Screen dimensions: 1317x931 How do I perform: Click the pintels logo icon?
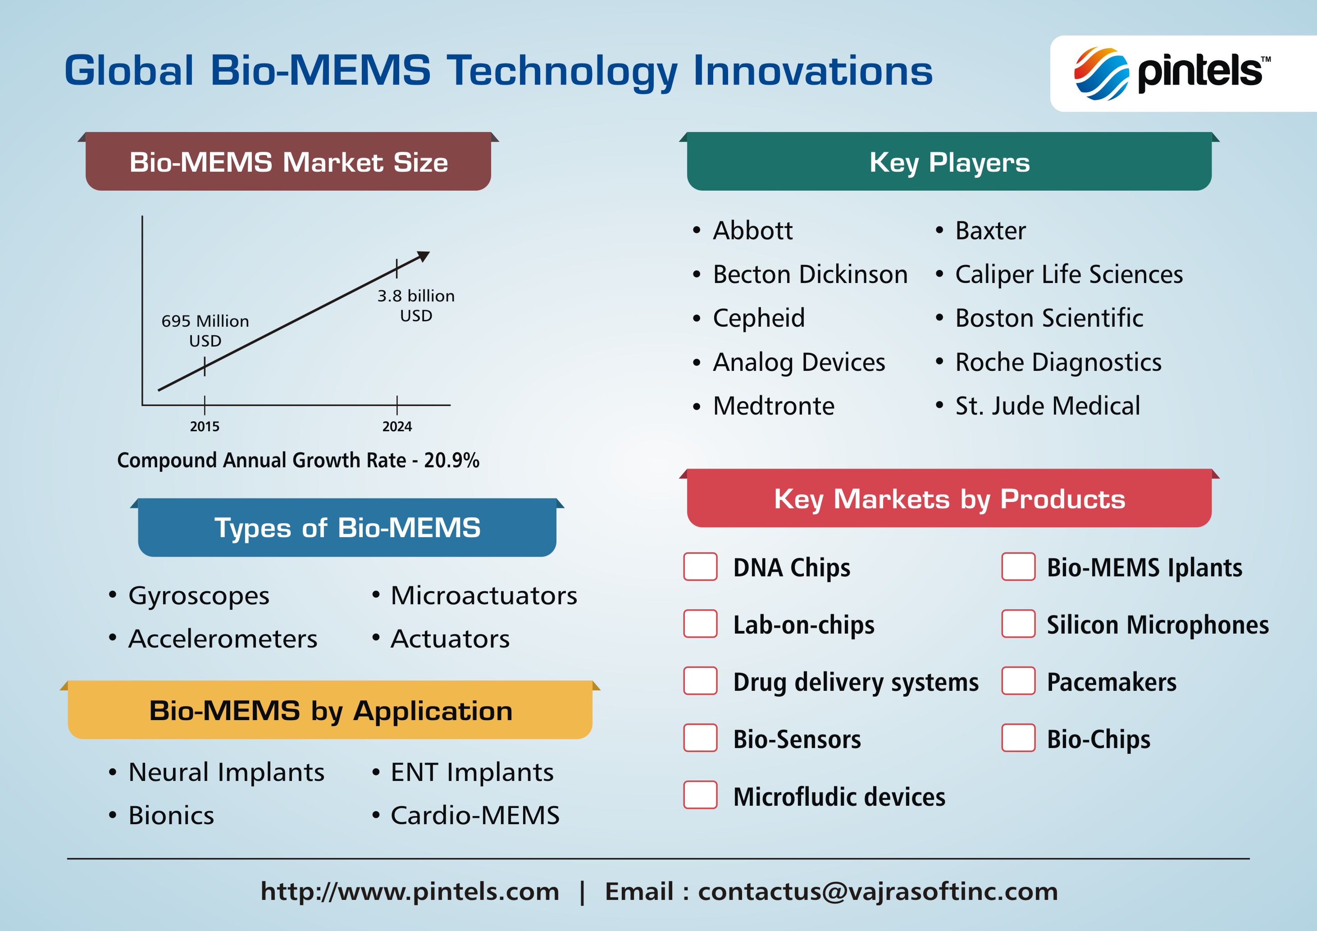click(1101, 73)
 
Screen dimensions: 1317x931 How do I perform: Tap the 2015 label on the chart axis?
click(205, 426)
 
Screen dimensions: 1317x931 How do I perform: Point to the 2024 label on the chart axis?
click(397, 426)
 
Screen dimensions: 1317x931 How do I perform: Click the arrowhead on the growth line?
click(424, 256)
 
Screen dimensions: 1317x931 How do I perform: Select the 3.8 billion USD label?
click(416, 306)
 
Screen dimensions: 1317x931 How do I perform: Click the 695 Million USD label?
click(205, 330)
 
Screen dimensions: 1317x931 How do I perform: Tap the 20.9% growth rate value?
click(451, 460)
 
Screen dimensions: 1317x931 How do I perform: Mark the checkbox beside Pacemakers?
click(1018, 680)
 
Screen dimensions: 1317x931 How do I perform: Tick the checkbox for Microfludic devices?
click(700, 794)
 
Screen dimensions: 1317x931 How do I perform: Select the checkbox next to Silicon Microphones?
click(1018, 624)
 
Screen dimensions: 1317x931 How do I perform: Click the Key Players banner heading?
click(949, 162)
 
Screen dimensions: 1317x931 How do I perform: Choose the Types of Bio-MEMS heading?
click(347, 528)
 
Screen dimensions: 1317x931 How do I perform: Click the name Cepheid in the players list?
click(759, 318)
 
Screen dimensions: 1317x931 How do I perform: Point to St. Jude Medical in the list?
click(1048, 406)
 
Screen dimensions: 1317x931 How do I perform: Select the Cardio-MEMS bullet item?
click(475, 815)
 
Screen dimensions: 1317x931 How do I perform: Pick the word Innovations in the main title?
click(813, 71)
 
